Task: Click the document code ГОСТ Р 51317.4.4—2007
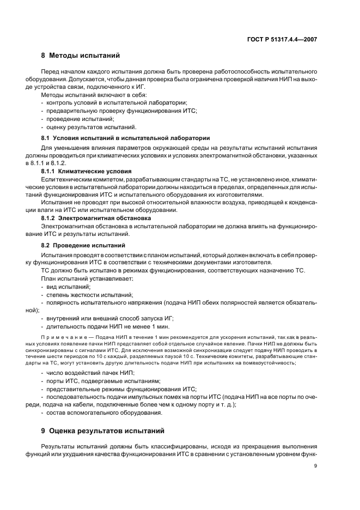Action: [x=283, y=39]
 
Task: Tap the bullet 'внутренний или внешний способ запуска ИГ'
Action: [x=110, y=318]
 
